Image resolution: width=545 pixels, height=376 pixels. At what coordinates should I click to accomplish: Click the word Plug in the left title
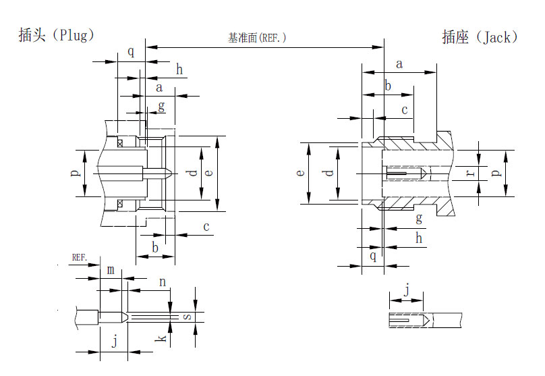[x=74, y=35]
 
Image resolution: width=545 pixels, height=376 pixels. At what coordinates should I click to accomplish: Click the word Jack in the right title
[x=497, y=37]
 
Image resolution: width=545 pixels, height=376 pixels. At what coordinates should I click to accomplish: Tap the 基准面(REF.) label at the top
[x=257, y=38]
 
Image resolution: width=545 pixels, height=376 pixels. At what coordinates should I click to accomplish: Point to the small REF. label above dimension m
[x=80, y=257]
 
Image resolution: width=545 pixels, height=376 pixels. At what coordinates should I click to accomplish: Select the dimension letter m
[x=111, y=270]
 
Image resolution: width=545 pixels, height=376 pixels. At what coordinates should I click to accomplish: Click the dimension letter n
[x=162, y=281]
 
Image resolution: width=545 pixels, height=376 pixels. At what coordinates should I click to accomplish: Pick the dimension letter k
[x=161, y=335]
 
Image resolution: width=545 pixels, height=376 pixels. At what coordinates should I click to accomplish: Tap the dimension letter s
[x=188, y=317]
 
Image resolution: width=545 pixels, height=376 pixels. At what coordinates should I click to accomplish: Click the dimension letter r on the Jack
[x=471, y=173]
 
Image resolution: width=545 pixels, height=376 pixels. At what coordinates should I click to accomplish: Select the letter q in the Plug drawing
[x=131, y=51]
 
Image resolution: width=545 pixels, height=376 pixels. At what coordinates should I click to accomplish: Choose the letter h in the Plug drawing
[x=179, y=69]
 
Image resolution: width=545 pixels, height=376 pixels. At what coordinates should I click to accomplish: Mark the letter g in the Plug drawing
[x=161, y=106]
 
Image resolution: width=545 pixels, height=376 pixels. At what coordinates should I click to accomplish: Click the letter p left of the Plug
[x=76, y=173]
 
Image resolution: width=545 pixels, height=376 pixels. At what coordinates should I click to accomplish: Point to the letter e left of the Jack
[x=301, y=173]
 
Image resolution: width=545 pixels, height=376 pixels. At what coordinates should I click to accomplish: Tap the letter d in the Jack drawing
[x=329, y=173]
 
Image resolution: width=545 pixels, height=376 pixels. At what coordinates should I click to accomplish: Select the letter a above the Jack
[x=399, y=64]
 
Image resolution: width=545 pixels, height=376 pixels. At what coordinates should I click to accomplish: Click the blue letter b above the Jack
[x=388, y=85]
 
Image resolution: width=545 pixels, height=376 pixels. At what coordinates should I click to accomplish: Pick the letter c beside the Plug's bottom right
[x=206, y=227]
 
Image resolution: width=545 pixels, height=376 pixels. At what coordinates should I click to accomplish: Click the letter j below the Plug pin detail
[x=114, y=342]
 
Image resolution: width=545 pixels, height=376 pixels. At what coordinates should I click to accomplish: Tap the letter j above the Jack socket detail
[x=406, y=290]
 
